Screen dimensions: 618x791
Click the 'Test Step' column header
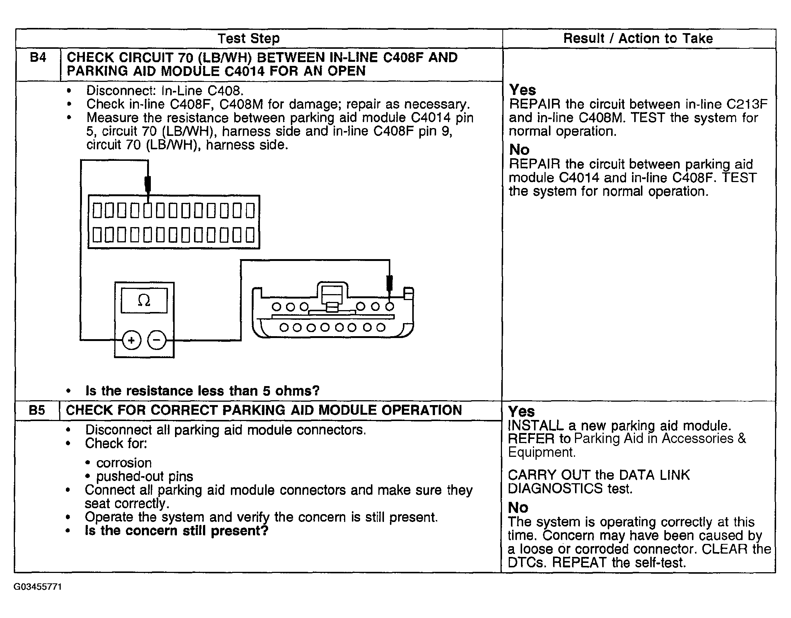click(248, 38)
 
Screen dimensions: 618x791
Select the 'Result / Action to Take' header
click(638, 38)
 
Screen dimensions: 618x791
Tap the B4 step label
click(38, 58)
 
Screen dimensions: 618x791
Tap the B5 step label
click(37, 410)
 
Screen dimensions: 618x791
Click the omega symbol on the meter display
click(144, 300)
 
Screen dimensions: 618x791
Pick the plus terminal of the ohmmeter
click(131, 340)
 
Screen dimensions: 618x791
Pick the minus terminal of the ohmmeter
click(157, 340)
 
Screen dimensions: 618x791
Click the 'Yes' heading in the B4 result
click(522, 90)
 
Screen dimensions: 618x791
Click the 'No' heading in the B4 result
click(520, 150)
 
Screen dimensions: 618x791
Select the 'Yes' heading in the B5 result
click(521, 411)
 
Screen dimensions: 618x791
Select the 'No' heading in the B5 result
click(518, 508)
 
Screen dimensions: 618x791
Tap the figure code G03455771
click(38, 587)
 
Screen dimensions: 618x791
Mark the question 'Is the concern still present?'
click(177, 531)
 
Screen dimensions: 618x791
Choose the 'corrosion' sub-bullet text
click(124, 463)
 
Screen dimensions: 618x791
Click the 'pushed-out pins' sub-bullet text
click(144, 477)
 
